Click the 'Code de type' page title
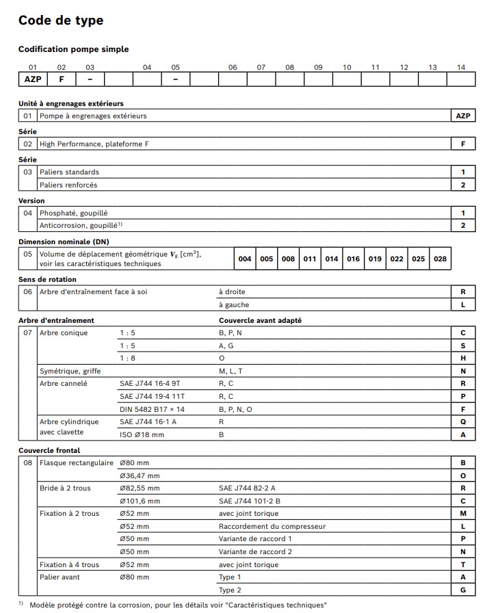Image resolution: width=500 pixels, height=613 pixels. pos(61,21)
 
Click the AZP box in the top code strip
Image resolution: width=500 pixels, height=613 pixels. pos(32,79)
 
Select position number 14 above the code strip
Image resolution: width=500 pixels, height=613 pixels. pos(461,67)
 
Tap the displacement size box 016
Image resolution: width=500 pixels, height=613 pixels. pos(353,259)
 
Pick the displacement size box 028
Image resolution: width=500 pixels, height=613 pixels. pos(440,259)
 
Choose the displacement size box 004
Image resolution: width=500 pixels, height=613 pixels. pos(244,259)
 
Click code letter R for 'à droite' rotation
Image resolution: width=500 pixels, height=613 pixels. pos(463,292)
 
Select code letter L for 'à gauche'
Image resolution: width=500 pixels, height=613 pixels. pos(463,305)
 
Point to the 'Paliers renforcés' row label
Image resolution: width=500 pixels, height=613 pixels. pos(68,185)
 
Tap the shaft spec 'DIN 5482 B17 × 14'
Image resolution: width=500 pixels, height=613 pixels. pos(152,409)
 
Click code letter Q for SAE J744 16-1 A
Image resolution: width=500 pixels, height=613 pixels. pos(463,422)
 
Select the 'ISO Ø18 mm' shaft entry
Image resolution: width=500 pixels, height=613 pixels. pos(142,434)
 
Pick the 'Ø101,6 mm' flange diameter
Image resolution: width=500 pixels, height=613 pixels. pos(140,501)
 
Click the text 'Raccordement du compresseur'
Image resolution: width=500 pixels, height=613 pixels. pos(272,526)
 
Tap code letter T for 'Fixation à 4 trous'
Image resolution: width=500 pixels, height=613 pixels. pos(463,564)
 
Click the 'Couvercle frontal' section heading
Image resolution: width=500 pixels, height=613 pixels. pos(49,450)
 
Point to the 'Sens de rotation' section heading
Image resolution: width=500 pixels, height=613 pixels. pos(47,279)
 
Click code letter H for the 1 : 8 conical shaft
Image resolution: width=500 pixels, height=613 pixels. pos(463,358)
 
